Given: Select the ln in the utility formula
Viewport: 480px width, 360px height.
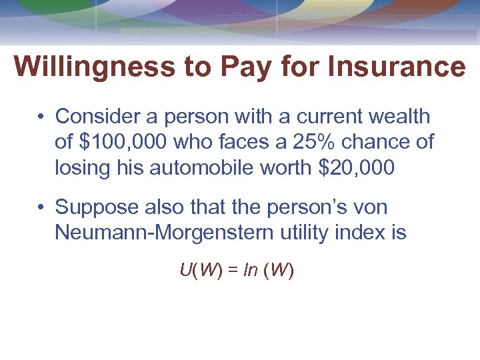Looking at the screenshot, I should pos(251,271).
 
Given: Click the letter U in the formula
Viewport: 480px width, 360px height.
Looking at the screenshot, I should pos(185,271).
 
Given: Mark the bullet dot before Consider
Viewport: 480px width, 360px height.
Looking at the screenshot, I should pos(41,117).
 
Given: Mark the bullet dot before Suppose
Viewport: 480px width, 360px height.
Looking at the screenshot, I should pos(41,208).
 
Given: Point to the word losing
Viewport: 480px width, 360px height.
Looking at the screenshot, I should pos(83,167).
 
